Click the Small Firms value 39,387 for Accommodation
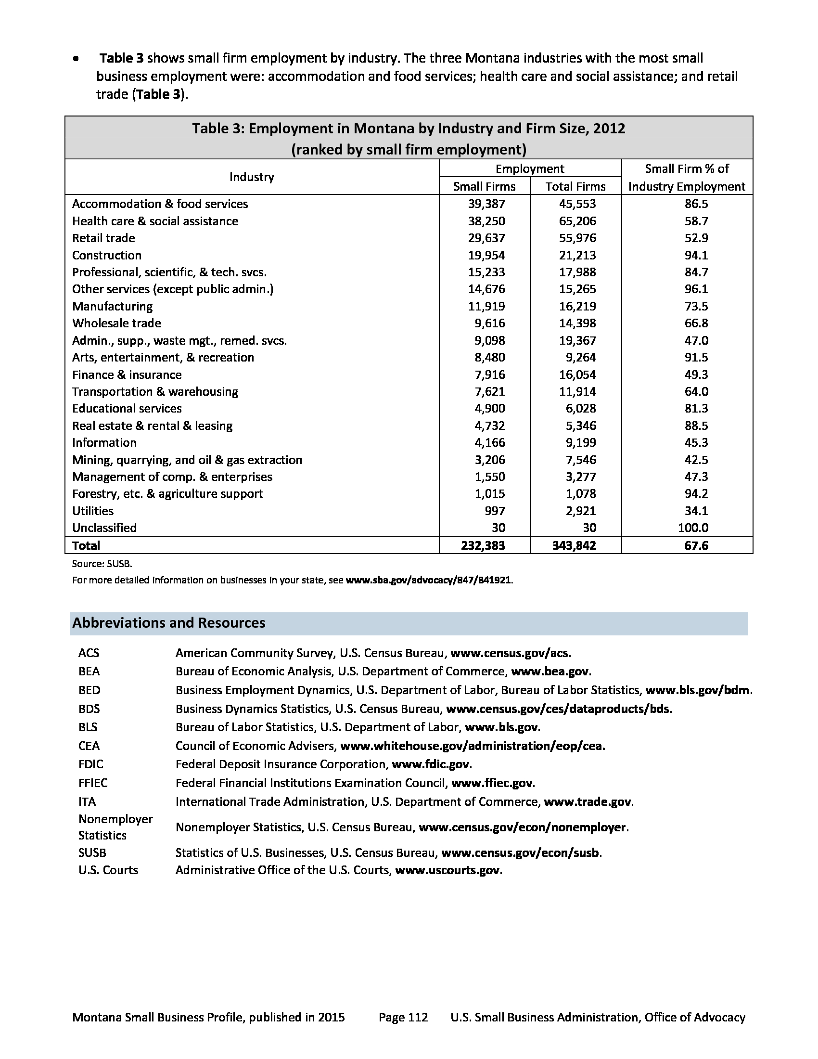(x=486, y=204)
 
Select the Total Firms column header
(x=575, y=186)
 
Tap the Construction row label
(x=107, y=255)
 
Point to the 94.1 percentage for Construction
(x=696, y=255)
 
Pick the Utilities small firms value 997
(x=494, y=511)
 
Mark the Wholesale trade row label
(x=116, y=323)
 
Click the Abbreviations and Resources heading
(x=168, y=622)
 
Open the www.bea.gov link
(x=550, y=671)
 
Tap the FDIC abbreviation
(x=90, y=764)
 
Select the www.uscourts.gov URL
(x=447, y=870)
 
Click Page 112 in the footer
(x=403, y=1017)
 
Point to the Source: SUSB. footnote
(x=102, y=564)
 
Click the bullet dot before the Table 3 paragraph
(x=76, y=59)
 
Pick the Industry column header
(x=252, y=177)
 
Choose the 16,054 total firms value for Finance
(x=577, y=375)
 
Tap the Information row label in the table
(x=104, y=442)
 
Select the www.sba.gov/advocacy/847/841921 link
(x=428, y=580)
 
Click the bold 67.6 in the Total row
(x=696, y=545)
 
